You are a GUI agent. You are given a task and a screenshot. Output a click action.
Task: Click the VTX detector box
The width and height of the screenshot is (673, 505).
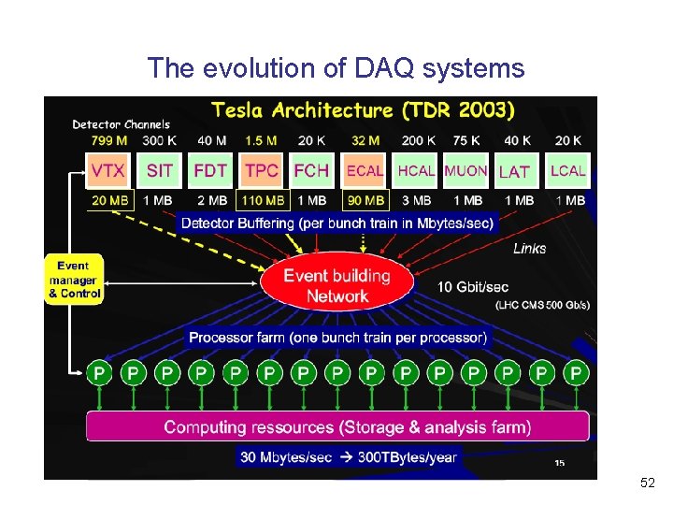108,171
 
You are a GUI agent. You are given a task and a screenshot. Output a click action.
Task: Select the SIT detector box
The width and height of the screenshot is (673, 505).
160,171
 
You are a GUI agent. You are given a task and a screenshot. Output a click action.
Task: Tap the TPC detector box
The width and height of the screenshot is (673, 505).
262,171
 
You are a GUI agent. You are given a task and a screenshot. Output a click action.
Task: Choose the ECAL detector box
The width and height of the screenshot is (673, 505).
365,171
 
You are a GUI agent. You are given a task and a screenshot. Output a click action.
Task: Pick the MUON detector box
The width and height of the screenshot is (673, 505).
465,171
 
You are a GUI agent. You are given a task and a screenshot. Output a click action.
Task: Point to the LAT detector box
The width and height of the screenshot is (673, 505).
514,172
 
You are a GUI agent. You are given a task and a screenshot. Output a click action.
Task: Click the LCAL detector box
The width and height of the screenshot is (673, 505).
567,171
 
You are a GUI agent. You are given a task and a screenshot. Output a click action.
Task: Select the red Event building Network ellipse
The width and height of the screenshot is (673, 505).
336,285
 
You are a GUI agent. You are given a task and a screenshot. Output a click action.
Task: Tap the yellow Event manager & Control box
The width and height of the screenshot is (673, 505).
74,280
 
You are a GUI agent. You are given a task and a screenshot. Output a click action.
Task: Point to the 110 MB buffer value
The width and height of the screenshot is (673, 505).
263,200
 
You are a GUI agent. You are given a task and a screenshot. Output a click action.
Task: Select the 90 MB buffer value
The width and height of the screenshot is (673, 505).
365,200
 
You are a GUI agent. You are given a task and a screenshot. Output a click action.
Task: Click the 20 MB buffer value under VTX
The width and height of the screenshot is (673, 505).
109,200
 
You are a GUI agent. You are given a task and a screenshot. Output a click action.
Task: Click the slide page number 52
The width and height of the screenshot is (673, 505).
648,483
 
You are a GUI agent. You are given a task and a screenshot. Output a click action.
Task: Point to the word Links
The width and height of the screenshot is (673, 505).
530,248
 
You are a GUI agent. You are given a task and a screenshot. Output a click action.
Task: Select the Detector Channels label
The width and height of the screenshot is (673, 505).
122,124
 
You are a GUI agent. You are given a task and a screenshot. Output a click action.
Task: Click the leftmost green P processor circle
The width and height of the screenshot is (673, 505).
99,373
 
